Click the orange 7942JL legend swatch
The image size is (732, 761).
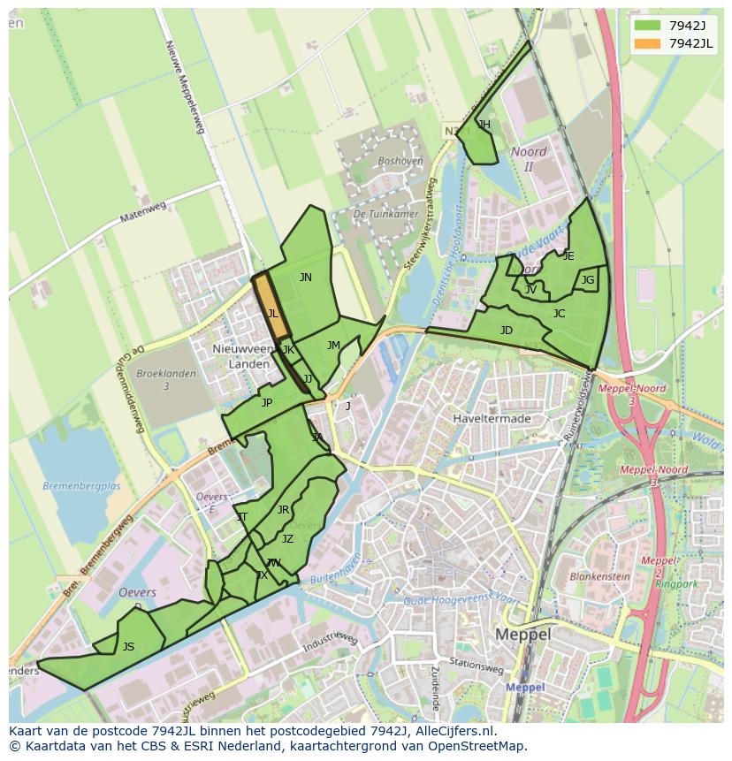pos(647,43)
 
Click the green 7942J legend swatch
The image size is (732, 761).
pos(647,26)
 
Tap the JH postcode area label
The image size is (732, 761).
pos(484,125)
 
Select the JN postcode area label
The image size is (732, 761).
pos(305,277)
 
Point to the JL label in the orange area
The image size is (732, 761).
pos(273,313)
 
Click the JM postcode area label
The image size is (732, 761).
pos(333,345)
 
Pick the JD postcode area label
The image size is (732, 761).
pos(506,331)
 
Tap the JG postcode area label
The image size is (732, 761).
pos(588,280)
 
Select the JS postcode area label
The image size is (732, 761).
pos(128,646)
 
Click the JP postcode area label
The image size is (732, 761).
pos(267,402)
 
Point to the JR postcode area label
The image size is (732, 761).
pos(283,509)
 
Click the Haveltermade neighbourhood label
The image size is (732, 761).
pos(491,418)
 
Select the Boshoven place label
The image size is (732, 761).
pos(400,161)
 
